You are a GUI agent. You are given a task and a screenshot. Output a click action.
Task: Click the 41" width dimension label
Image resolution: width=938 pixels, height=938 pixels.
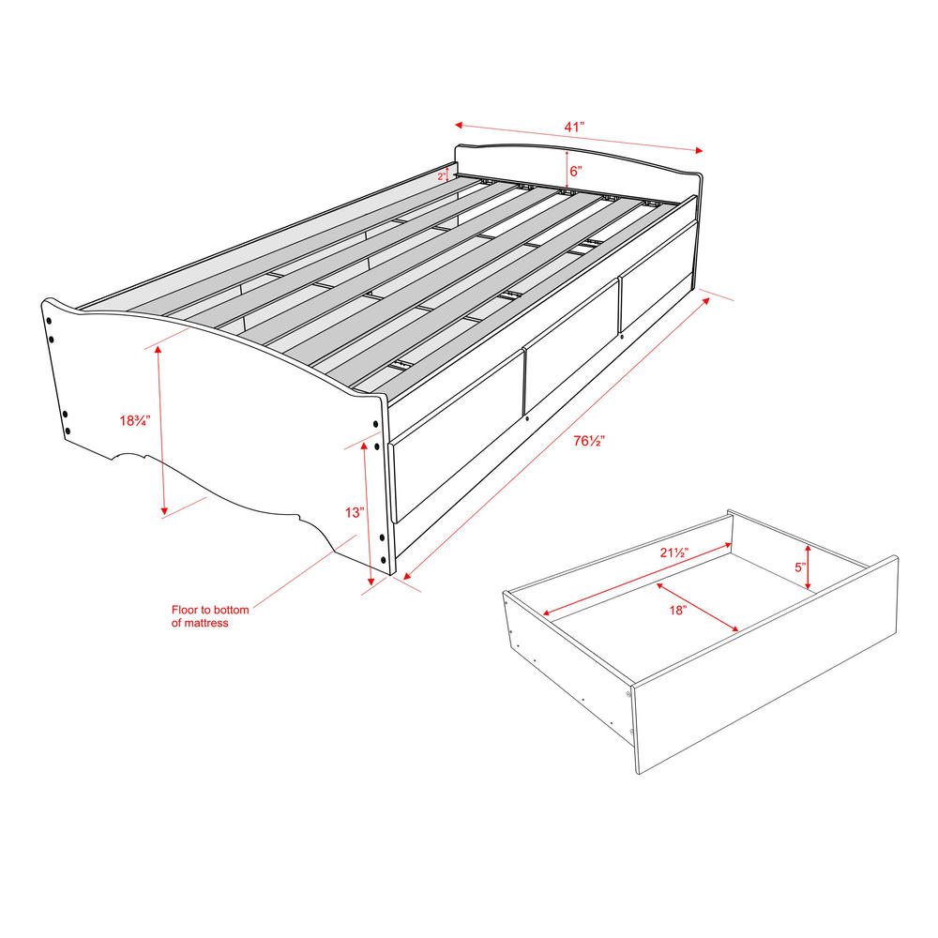574,126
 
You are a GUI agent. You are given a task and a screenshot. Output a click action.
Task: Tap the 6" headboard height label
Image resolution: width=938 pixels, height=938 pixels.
576,172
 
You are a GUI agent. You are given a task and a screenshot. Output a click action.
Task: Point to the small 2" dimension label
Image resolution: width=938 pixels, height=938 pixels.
441,175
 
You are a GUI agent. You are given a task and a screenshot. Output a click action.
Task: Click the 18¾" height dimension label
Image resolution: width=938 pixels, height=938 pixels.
134,421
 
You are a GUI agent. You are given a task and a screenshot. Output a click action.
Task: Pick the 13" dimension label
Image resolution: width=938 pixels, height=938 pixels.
354,512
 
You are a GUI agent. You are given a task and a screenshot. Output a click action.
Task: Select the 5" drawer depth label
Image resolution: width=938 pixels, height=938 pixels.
800,567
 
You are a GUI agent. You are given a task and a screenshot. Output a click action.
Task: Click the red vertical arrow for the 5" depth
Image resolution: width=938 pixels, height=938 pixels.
809,567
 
